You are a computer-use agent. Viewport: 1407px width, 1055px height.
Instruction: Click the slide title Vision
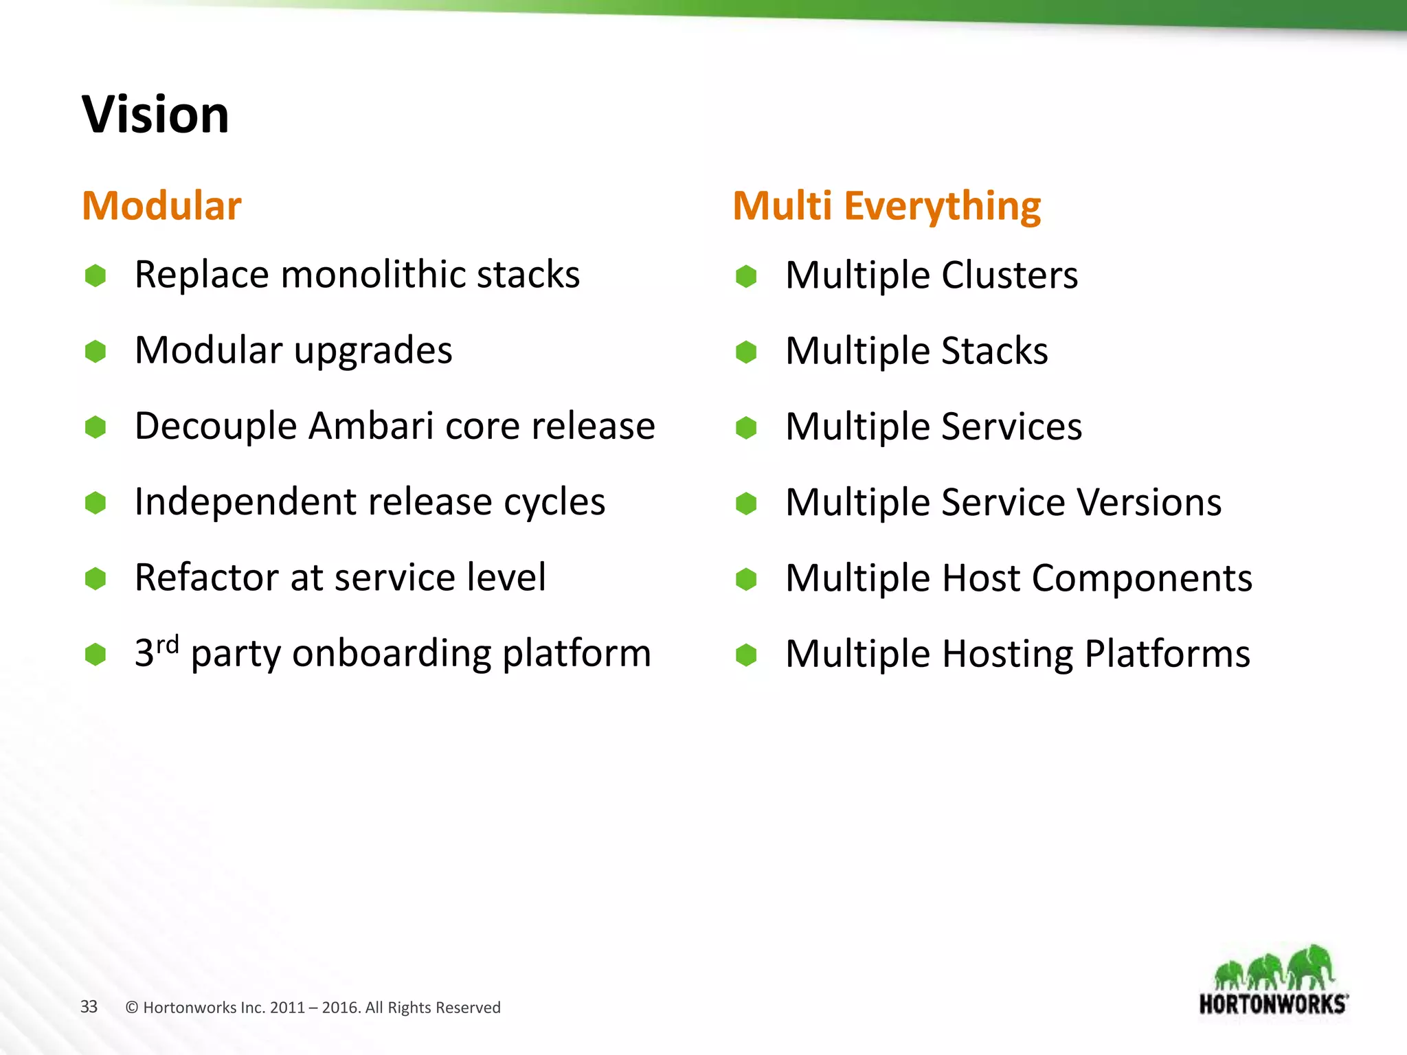click(x=155, y=115)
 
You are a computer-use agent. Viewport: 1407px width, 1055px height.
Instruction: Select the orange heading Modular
click(x=161, y=205)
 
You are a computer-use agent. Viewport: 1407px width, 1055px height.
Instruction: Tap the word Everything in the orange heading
click(x=942, y=207)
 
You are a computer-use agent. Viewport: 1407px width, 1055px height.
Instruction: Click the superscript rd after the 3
click(x=168, y=645)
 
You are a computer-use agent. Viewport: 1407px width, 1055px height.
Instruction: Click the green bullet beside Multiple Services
click(x=746, y=427)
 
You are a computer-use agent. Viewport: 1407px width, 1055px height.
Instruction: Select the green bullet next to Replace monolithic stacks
click(x=95, y=275)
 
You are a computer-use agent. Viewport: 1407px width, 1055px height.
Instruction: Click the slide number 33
click(x=89, y=1006)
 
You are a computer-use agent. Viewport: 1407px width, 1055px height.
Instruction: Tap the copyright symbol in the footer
click(x=132, y=1008)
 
